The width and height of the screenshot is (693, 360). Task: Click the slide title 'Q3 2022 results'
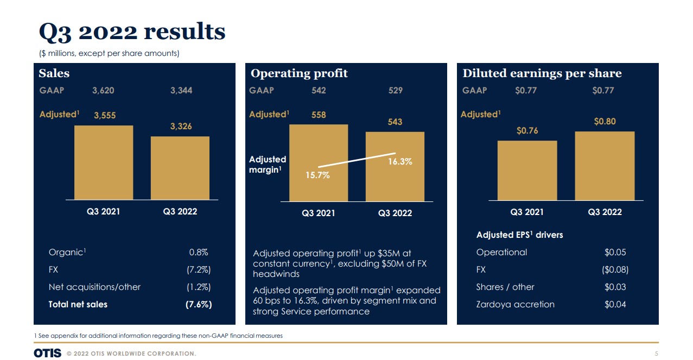click(132, 32)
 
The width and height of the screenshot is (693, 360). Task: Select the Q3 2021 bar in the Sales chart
click(104, 162)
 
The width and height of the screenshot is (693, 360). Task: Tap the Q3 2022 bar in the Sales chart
click(180, 168)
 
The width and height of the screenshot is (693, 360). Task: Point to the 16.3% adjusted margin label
click(400, 161)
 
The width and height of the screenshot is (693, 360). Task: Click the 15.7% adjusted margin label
click(317, 175)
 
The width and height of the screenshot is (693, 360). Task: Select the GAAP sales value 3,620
click(103, 91)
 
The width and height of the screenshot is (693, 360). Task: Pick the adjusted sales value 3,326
click(181, 127)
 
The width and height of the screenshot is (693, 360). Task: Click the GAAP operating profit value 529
click(396, 91)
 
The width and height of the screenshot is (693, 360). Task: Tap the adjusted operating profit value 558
click(319, 115)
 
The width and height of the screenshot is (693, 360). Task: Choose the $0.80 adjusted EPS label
click(605, 122)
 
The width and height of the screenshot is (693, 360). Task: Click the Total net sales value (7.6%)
click(199, 305)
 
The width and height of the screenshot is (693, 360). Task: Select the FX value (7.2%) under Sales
click(199, 270)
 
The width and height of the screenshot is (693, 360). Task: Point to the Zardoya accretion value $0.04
click(615, 305)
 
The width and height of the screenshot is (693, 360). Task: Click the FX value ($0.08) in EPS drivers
click(615, 270)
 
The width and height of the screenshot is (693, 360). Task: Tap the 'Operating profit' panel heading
click(299, 73)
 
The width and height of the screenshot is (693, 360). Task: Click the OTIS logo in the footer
click(47, 353)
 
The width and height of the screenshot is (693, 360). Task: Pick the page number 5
click(657, 354)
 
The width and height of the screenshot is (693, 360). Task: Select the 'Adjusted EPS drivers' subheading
click(519, 235)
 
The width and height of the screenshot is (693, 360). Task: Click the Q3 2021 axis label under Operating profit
click(319, 213)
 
